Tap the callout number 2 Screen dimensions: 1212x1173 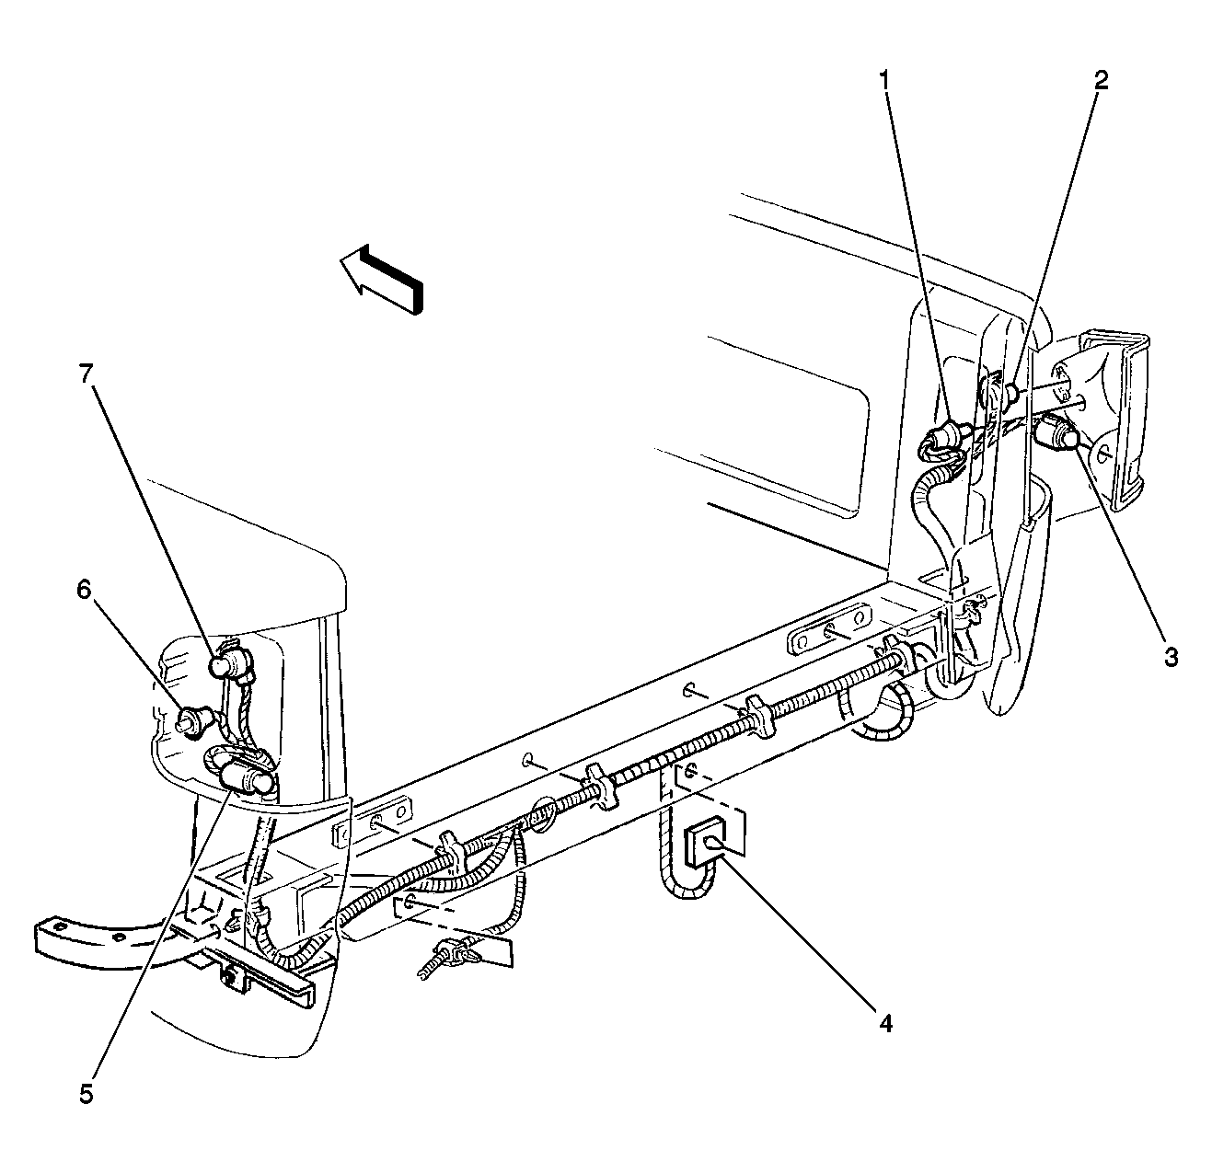click(1102, 80)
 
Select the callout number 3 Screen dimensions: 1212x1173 click(1171, 657)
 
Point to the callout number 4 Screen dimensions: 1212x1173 click(885, 1023)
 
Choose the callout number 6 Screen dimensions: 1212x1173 click(84, 589)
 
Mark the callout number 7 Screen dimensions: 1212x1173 click(86, 374)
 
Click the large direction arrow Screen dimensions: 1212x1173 click(381, 279)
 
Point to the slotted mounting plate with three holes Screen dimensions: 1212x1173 click(829, 631)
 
